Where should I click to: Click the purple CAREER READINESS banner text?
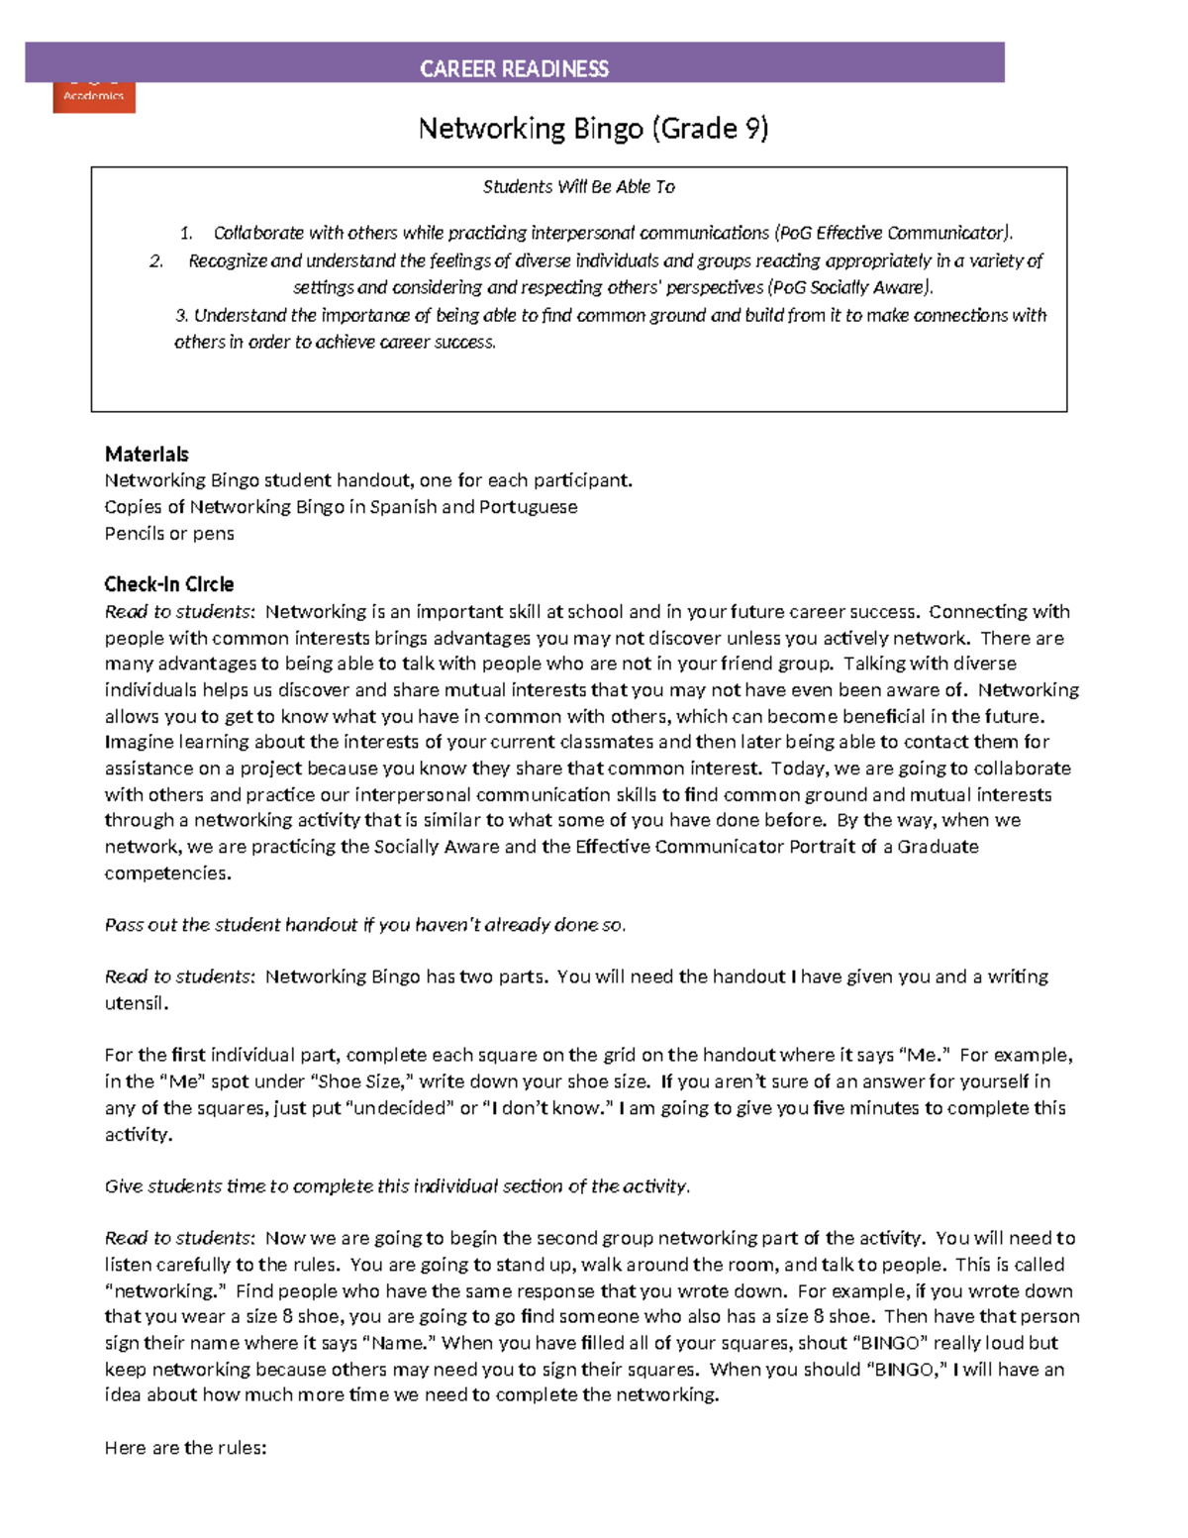514,68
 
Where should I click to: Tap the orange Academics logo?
94,97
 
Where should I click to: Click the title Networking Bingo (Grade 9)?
593,129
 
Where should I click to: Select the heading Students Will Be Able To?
578,186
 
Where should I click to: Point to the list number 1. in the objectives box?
186,234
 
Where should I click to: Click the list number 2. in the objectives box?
156,261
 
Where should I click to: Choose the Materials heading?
147,455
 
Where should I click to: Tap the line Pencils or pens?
169,534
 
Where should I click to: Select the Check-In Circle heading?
169,584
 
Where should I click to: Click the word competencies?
167,873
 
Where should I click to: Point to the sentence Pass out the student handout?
365,925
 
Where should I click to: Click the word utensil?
137,1003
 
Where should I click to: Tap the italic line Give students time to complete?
397,1186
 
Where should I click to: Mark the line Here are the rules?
185,1448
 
